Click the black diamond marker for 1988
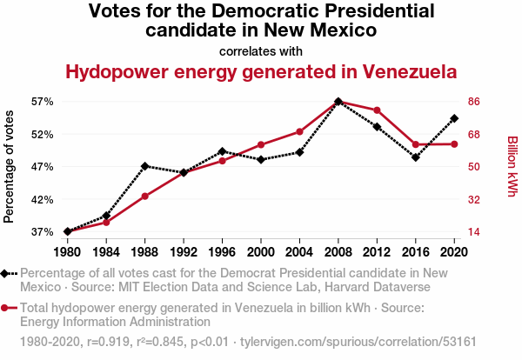point(144,166)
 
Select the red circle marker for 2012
point(377,110)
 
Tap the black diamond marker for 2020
point(454,118)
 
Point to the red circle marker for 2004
point(299,132)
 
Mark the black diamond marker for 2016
point(416,157)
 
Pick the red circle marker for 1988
point(144,197)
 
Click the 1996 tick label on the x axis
point(222,252)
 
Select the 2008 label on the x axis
point(338,252)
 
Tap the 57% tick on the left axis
point(43,102)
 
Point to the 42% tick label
point(43,200)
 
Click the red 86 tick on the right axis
point(474,102)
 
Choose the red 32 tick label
point(474,200)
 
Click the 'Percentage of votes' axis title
point(9,167)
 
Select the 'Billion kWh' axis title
point(512,166)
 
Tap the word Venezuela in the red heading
point(410,72)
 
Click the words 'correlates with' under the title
point(261,51)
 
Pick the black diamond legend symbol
point(9,274)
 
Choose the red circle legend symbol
point(9,308)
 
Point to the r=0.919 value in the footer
point(108,342)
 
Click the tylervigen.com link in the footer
point(358,342)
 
